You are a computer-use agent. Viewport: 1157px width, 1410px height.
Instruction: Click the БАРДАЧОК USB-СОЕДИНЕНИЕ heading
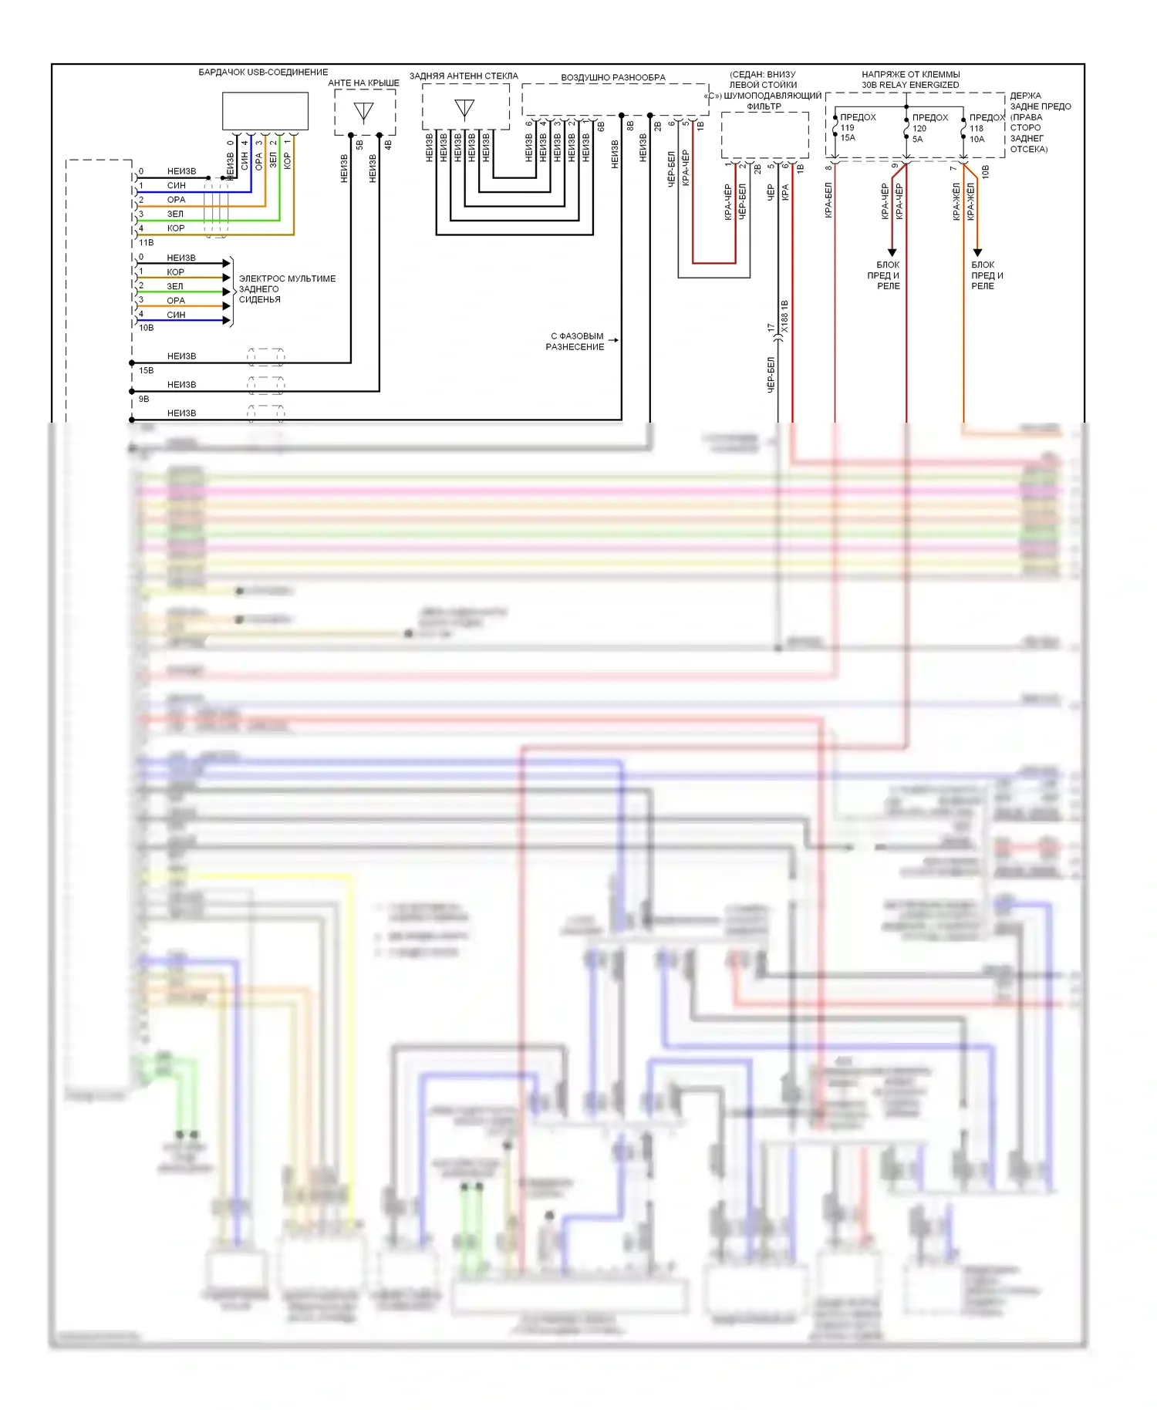point(263,73)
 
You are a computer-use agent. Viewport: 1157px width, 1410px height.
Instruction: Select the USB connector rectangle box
point(265,111)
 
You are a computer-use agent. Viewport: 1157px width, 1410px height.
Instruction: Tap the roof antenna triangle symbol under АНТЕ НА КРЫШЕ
point(363,113)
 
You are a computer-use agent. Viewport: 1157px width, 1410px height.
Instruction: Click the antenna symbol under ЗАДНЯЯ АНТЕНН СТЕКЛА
point(464,108)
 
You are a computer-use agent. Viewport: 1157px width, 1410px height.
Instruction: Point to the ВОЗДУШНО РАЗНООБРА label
point(612,78)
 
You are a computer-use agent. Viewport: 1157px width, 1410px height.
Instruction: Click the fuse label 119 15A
point(848,133)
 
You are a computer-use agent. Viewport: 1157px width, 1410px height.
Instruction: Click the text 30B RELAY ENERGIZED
point(910,85)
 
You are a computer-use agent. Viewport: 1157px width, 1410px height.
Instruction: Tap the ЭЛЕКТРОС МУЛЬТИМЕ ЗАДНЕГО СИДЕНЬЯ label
point(287,289)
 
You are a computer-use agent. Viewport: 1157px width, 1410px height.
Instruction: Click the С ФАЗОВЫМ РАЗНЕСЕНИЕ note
point(575,342)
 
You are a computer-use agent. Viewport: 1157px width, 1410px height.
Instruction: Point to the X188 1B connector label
point(784,317)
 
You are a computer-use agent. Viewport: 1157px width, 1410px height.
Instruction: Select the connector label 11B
point(146,242)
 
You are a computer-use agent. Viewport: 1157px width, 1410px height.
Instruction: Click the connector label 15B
point(146,370)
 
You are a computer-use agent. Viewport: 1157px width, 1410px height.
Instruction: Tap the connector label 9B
point(143,399)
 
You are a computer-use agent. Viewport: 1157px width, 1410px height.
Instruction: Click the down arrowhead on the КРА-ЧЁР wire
point(892,251)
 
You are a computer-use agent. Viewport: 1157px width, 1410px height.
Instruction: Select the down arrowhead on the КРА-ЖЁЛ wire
point(977,251)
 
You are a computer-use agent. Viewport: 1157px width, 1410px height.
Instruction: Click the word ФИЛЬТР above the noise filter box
point(764,106)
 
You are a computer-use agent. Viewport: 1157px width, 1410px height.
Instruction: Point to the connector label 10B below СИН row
point(146,328)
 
